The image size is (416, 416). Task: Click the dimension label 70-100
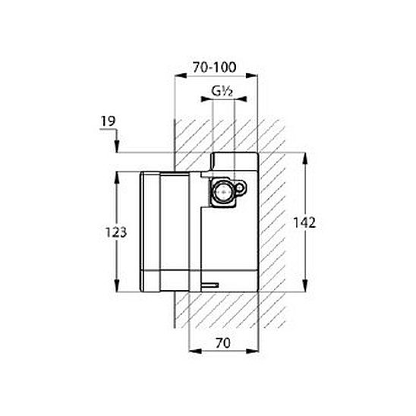[214, 67]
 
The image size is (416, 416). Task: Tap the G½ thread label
[222, 91]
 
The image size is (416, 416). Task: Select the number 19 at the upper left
[109, 121]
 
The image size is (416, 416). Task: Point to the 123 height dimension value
[116, 232]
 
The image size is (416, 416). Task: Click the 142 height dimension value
[304, 222]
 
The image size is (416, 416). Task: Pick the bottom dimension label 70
[223, 343]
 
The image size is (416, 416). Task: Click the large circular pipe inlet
[222, 191]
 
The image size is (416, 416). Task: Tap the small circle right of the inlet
[239, 188]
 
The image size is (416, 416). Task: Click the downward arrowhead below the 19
[117, 147]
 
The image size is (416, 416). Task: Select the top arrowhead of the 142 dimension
[305, 159]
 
